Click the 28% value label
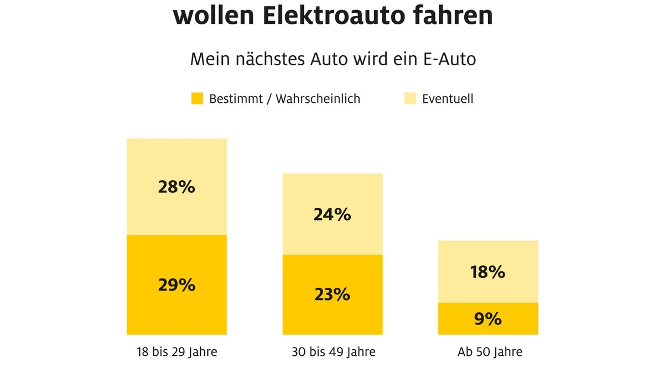click(177, 187)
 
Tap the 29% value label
click(177, 285)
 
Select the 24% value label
click(333, 214)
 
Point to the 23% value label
click(333, 295)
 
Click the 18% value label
click(487, 272)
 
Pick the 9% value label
click(487, 319)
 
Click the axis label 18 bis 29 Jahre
click(177, 352)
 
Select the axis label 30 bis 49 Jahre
click(333, 352)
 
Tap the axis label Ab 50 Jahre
click(487, 352)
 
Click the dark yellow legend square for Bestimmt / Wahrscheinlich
click(197, 99)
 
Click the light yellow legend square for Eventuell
click(410, 99)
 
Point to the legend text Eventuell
click(448, 99)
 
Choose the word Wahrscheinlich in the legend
click(318, 99)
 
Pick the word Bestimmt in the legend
click(235, 99)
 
